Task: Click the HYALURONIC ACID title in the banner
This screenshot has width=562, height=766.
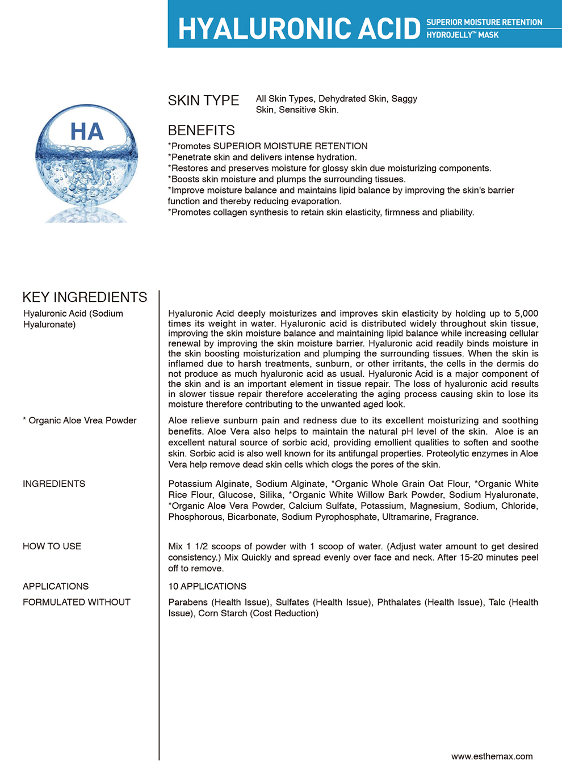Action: click(299, 28)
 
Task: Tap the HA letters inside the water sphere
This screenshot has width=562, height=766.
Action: click(87, 132)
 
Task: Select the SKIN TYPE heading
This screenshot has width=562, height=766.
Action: click(203, 100)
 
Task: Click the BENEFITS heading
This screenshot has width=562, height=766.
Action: click(201, 130)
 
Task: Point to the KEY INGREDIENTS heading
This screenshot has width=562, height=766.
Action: click(85, 297)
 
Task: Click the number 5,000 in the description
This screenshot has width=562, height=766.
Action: click(526, 313)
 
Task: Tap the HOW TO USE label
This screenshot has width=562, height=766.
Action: click(52, 546)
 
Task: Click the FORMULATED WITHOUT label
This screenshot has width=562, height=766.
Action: click(77, 602)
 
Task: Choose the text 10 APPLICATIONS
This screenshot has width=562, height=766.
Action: click(207, 586)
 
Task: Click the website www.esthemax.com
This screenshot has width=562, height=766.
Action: click(492, 756)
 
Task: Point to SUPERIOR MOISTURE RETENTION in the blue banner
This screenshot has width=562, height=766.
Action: click(484, 22)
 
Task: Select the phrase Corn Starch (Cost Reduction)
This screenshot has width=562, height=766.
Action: click(258, 613)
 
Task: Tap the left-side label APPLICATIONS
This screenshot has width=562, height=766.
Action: click(56, 586)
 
